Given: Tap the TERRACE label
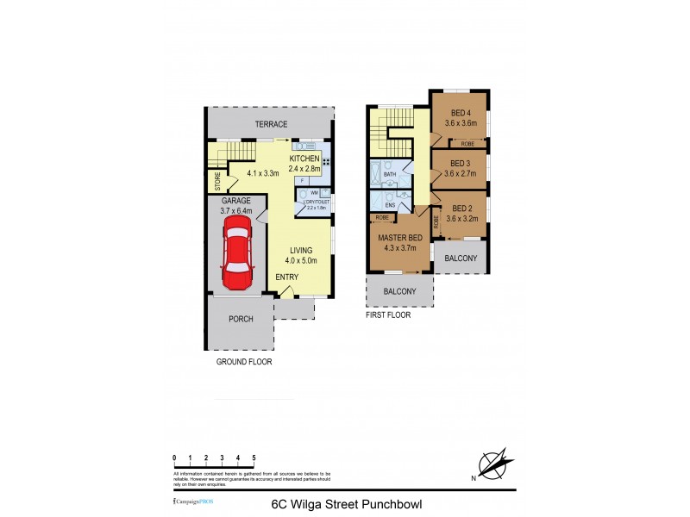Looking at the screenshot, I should click(271, 124).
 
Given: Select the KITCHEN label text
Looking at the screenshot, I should click(304, 159).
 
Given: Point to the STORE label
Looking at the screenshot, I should click(218, 181).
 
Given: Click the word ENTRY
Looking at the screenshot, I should click(286, 277).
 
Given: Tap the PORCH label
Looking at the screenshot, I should click(241, 319).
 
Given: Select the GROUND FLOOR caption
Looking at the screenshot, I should click(243, 362).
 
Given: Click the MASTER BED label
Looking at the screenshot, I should click(398, 242).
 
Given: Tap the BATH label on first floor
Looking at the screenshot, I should click(390, 174).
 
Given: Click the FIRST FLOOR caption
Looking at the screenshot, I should click(388, 315).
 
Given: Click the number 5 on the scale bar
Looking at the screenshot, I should click(254, 458).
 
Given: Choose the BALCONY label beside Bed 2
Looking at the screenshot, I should click(461, 258).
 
